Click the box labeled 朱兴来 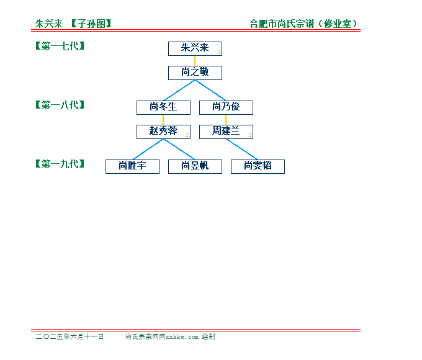[195, 49]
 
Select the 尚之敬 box [195, 73]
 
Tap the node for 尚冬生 [163, 108]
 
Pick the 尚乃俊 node [226, 108]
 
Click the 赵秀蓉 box [163, 132]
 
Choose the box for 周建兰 [226, 132]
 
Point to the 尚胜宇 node [132, 167]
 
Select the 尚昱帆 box [195, 167]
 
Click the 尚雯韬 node [258, 167]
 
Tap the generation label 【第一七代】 [60, 46]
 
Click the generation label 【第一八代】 [60, 105]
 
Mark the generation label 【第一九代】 [60, 164]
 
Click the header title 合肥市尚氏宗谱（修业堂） [303, 24]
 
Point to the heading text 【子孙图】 [91, 24]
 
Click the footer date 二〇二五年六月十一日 [70, 336]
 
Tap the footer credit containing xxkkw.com [170, 336]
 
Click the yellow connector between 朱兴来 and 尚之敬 [195, 61]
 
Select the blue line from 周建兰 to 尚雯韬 [242, 150]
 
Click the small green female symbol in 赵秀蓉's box [187, 135]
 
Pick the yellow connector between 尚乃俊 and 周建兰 [226, 120]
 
